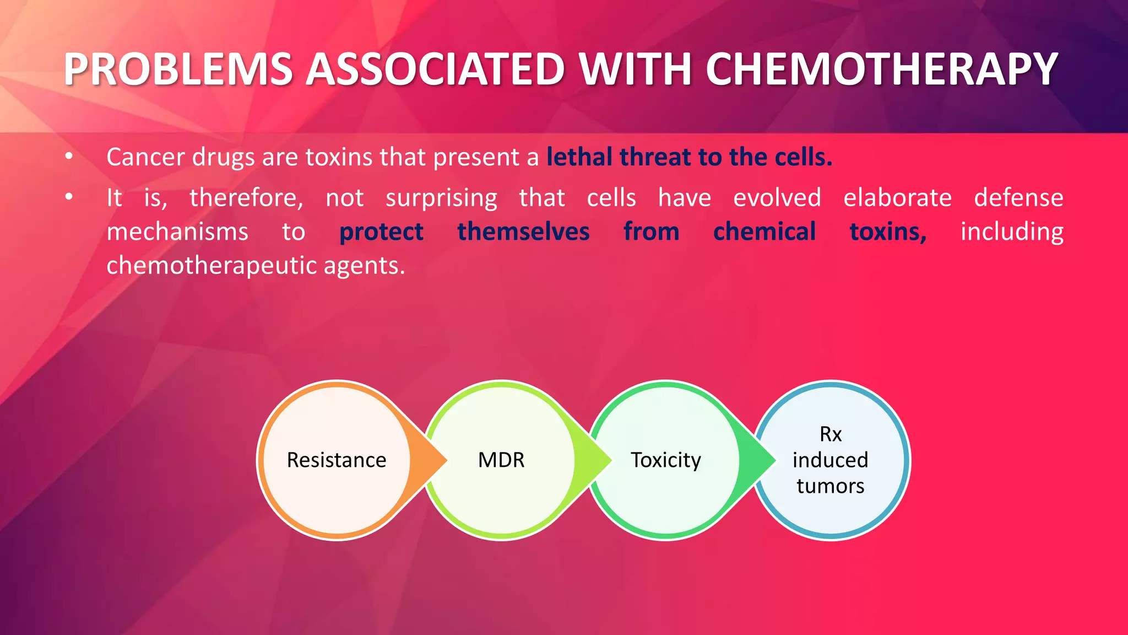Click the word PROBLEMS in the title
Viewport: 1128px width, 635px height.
(178, 69)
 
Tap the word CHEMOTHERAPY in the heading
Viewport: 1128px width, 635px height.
(881, 69)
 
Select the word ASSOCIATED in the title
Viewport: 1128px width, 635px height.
(435, 69)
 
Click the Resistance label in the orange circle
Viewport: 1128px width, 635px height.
(337, 460)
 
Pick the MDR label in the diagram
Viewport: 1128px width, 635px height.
(501, 460)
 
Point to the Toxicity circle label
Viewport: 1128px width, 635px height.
(666, 460)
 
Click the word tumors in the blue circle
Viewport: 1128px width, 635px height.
(831, 486)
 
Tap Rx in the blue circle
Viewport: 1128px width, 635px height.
(831, 434)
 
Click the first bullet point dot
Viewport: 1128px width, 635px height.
(69, 157)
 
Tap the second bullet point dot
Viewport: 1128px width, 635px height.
(69, 197)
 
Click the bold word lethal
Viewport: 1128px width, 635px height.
(579, 157)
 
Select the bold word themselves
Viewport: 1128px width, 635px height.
(523, 232)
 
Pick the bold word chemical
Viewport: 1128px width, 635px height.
(764, 232)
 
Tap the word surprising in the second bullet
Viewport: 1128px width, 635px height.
(441, 198)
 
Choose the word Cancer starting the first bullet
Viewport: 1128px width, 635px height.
(145, 157)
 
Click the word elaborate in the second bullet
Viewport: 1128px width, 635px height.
(897, 197)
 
